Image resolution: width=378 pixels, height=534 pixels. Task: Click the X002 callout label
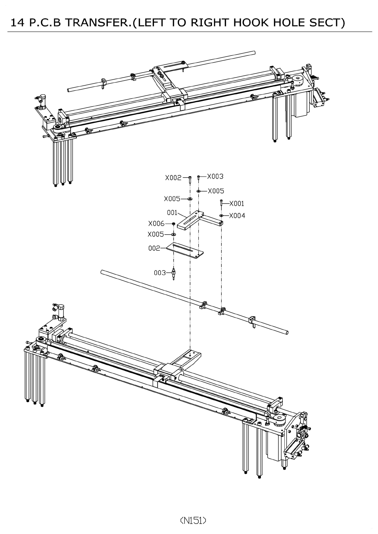coord(173,178)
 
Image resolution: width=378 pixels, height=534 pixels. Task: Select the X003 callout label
coord(215,177)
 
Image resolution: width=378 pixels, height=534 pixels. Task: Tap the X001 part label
coord(237,204)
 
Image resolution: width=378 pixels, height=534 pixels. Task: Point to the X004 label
coord(237,216)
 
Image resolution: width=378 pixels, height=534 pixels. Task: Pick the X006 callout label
coord(156,224)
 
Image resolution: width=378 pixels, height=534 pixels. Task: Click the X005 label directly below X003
coord(216,191)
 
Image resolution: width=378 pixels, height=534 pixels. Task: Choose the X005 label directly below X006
coord(156,235)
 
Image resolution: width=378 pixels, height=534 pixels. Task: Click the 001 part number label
coord(172,212)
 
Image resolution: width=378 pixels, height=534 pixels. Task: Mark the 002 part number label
coord(155,248)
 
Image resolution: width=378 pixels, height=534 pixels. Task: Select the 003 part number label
coord(160,273)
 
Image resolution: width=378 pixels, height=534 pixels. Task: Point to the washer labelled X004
coord(221,216)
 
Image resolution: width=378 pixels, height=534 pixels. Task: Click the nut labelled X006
coord(174,224)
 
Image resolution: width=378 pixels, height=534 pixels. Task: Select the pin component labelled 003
coord(174,274)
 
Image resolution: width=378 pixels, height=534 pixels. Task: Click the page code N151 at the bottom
coord(193,520)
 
